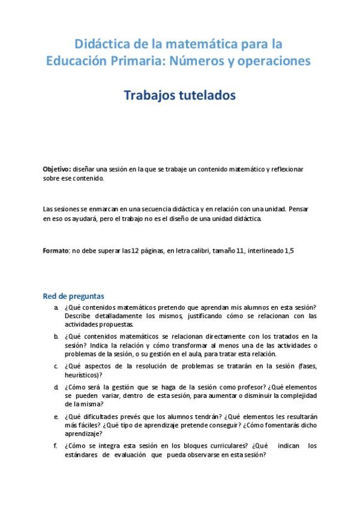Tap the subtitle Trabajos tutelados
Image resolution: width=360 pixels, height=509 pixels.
coord(179,95)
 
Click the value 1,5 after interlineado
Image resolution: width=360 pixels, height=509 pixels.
coord(289,250)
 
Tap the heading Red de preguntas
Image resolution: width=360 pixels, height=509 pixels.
coord(73,296)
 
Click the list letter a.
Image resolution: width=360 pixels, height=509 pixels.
coord(56,307)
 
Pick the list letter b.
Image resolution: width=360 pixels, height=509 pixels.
coord(56,336)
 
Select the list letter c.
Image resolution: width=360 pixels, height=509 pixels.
coord(56,366)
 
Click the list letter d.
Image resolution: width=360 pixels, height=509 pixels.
coord(56,387)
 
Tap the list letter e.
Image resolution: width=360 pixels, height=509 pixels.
coord(56,416)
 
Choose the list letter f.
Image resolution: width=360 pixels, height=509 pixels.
coord(56,445)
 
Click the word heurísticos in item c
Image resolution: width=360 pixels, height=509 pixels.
coord(82,374)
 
